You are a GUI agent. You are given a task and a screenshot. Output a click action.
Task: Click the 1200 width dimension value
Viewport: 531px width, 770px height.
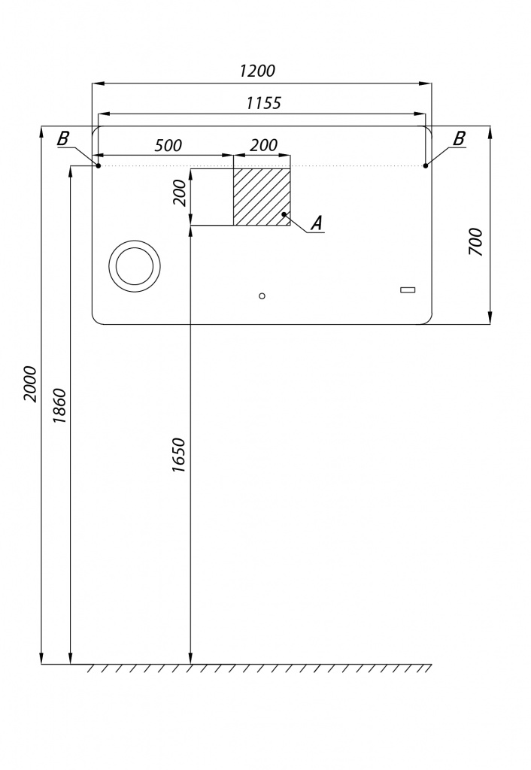pos(257,71)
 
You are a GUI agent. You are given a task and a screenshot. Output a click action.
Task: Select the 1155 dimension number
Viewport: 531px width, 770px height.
pos(264,103)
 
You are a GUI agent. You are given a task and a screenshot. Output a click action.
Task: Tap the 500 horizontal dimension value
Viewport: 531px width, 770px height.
pos(168,145)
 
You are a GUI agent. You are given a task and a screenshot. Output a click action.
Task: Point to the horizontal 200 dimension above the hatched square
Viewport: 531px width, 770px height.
pos(264,145)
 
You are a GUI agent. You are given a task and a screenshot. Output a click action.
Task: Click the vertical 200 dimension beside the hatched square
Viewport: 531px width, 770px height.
pos(181,193)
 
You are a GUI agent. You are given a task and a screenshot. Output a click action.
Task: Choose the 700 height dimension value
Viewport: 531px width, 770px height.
pos(476,242)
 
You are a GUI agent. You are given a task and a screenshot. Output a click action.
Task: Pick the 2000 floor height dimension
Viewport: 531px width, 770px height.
pos(30,384)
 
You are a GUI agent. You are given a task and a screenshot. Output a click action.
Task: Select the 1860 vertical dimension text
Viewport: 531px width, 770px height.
pos(59,407)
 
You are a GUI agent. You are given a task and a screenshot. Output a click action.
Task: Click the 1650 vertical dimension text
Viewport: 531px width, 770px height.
pos(179,455)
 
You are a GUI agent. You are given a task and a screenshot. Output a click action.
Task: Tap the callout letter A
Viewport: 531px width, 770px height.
pos(317,223)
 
